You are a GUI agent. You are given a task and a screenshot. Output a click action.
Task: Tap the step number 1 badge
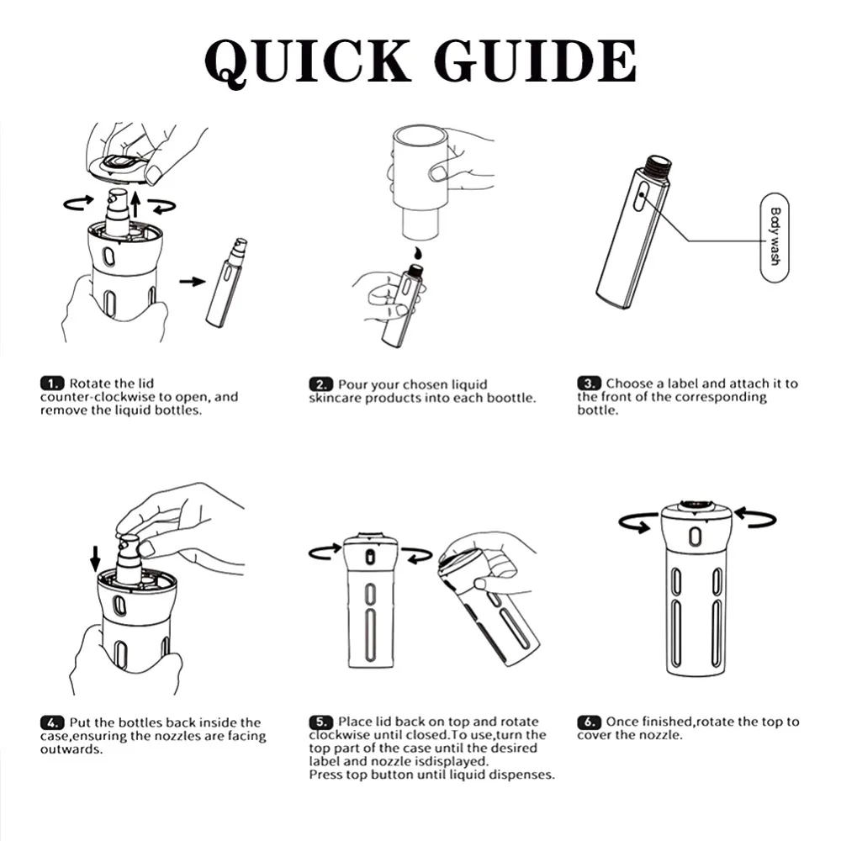tap(52, 383)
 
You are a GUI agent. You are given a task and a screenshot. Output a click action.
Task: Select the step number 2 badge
tap(320, 384)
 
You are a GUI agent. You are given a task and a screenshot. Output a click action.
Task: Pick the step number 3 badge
tap(589, 383)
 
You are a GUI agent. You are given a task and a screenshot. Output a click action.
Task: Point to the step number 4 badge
tap(52, 722)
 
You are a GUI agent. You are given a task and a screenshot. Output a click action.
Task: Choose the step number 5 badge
tap(320, 722)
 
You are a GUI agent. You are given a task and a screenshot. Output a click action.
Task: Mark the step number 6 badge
tap(589, 722)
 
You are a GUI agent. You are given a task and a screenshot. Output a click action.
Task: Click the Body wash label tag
tap(775, 237)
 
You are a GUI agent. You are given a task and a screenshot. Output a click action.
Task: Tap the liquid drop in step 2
tap(418, 252)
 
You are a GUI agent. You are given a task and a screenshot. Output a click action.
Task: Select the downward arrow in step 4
tap(96, 559)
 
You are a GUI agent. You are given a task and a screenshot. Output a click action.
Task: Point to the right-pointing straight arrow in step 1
tap(193, 281)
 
